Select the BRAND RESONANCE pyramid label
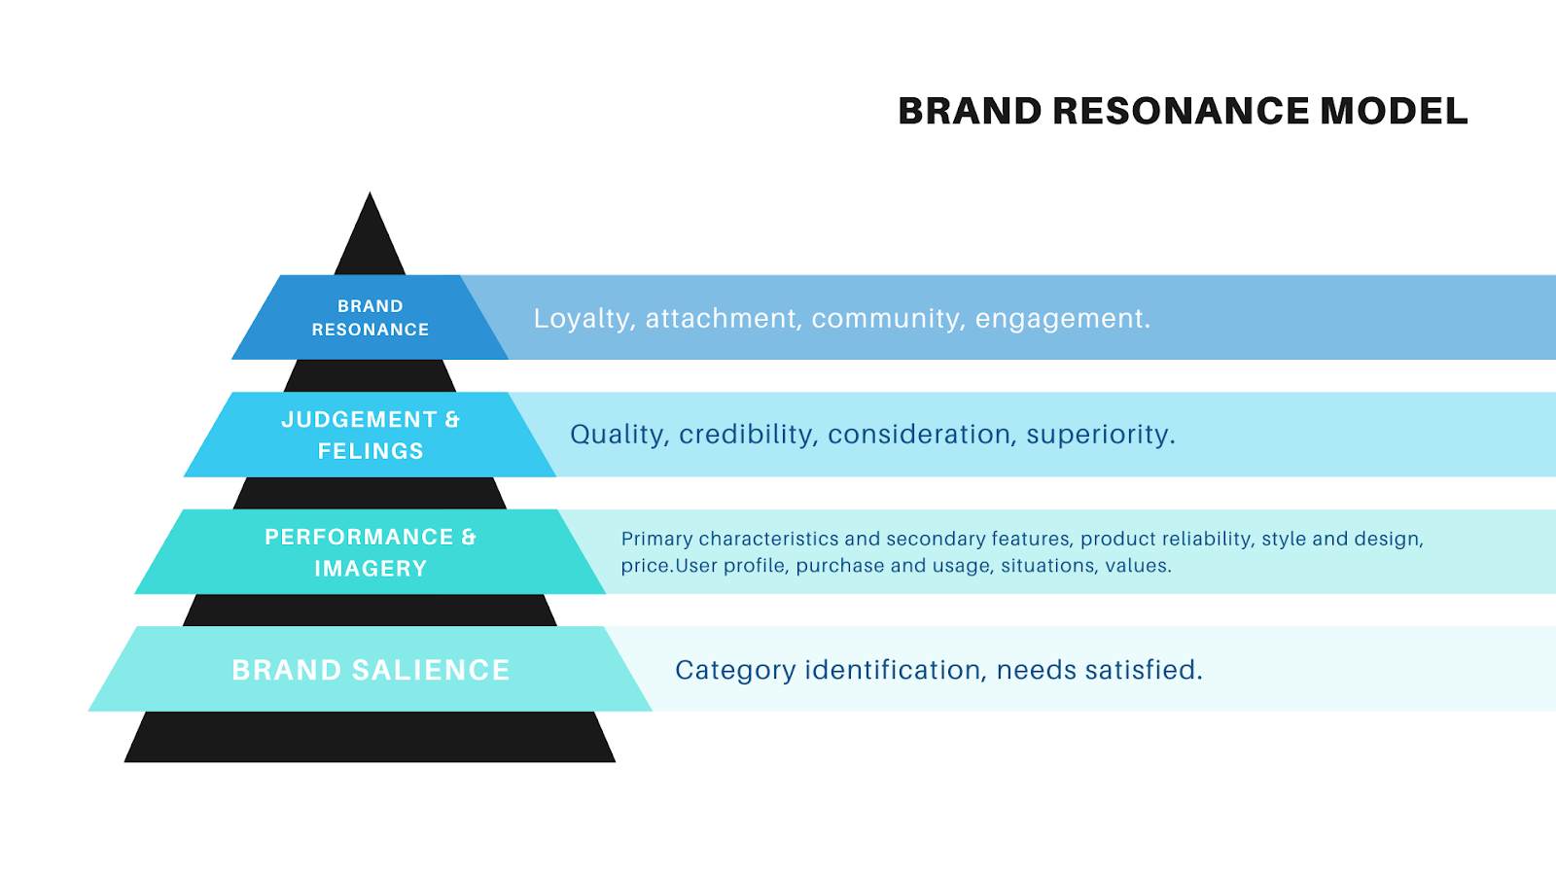pyautogui.click(x=370, y=318)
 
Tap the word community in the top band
pyautogui.click(x=889, y=319)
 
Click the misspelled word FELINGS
pyautogui.click(x=371, y=451)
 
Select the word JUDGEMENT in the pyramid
pyautogui.click(x=359, y=420)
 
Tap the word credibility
pyautogui.click(x=748, y=435)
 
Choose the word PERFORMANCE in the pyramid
pyautogui.click(x=359, y=538)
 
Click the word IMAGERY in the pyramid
pyautogui.click(x=371, y=569)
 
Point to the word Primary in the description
pyautogui.click(x=656, y=540)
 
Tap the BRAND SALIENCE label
pyautogui.click(x=371, y=670)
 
